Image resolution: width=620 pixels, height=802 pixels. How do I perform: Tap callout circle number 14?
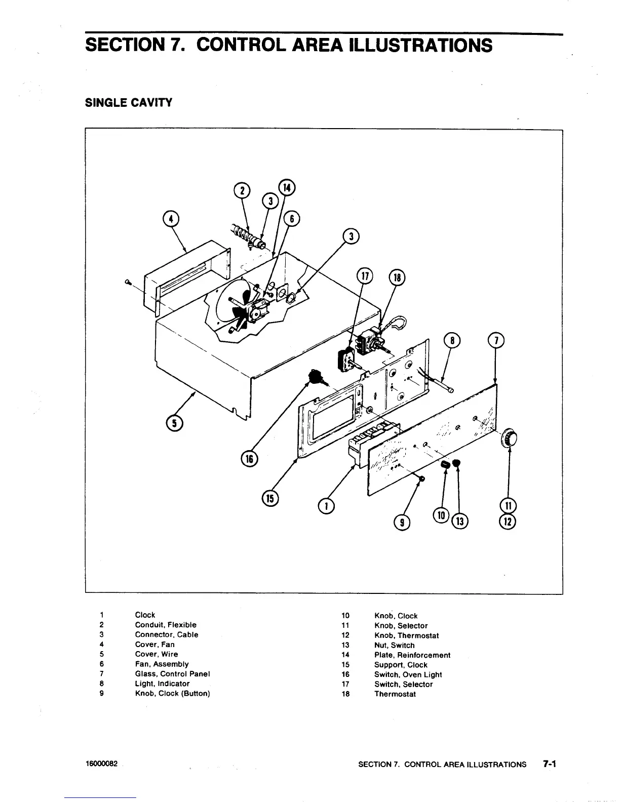[x=287, y=187]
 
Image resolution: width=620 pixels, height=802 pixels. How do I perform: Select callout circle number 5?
[x=175, y=423]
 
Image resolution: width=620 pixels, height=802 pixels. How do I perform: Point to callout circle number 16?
[x=249, y=459]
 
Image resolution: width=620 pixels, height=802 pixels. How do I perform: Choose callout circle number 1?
[x=327, y=505]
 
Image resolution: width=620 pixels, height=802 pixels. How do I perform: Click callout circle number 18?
[x=397, y=277]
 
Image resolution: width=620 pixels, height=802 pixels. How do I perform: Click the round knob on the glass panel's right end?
[x=509, y=437]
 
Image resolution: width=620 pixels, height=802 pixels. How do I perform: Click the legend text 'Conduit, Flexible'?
[x=166, y=625]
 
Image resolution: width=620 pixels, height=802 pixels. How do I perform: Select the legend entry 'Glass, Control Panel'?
[x=172, y=674]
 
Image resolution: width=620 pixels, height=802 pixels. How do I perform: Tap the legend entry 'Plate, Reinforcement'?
[x=412, y=655]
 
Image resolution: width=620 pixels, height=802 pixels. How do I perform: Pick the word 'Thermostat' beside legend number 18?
[x=395, y=694]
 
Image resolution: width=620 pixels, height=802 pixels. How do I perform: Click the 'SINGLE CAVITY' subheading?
[x=128, y=103]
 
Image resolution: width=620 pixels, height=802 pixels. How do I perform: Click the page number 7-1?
[x=549, y=764]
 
